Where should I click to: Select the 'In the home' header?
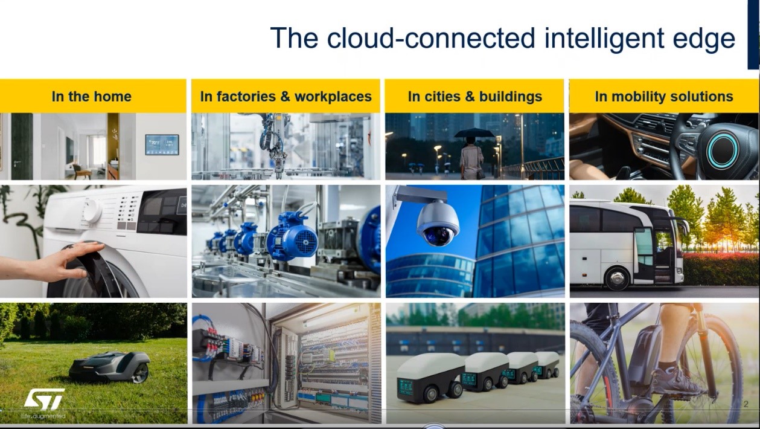pos(92,97)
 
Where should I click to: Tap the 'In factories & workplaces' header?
pos(286,97)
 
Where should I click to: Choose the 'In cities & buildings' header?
pos(474,97)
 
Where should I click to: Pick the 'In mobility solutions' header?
pos(664,97)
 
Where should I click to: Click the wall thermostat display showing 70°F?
pos(162,144)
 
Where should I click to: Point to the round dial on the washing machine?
pos(92,211)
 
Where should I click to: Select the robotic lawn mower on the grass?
pos(110,367)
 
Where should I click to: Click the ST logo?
pos(44,399)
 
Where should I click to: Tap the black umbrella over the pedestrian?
pos(474,133)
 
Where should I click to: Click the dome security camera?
pos(438,224)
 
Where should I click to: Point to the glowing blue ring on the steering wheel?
pos(722,150)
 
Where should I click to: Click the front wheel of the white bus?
pos(617,279)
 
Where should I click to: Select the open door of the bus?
pos(663,253)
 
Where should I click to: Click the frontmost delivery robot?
pos(430,377)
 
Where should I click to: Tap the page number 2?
pos(746,404)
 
